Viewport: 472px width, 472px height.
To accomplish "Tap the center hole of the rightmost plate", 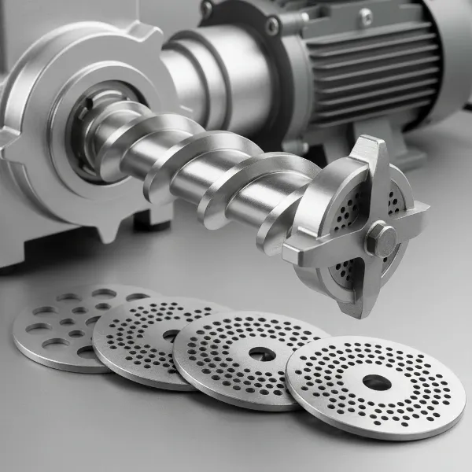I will [376, 382].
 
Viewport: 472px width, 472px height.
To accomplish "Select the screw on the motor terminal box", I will [365, 14].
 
